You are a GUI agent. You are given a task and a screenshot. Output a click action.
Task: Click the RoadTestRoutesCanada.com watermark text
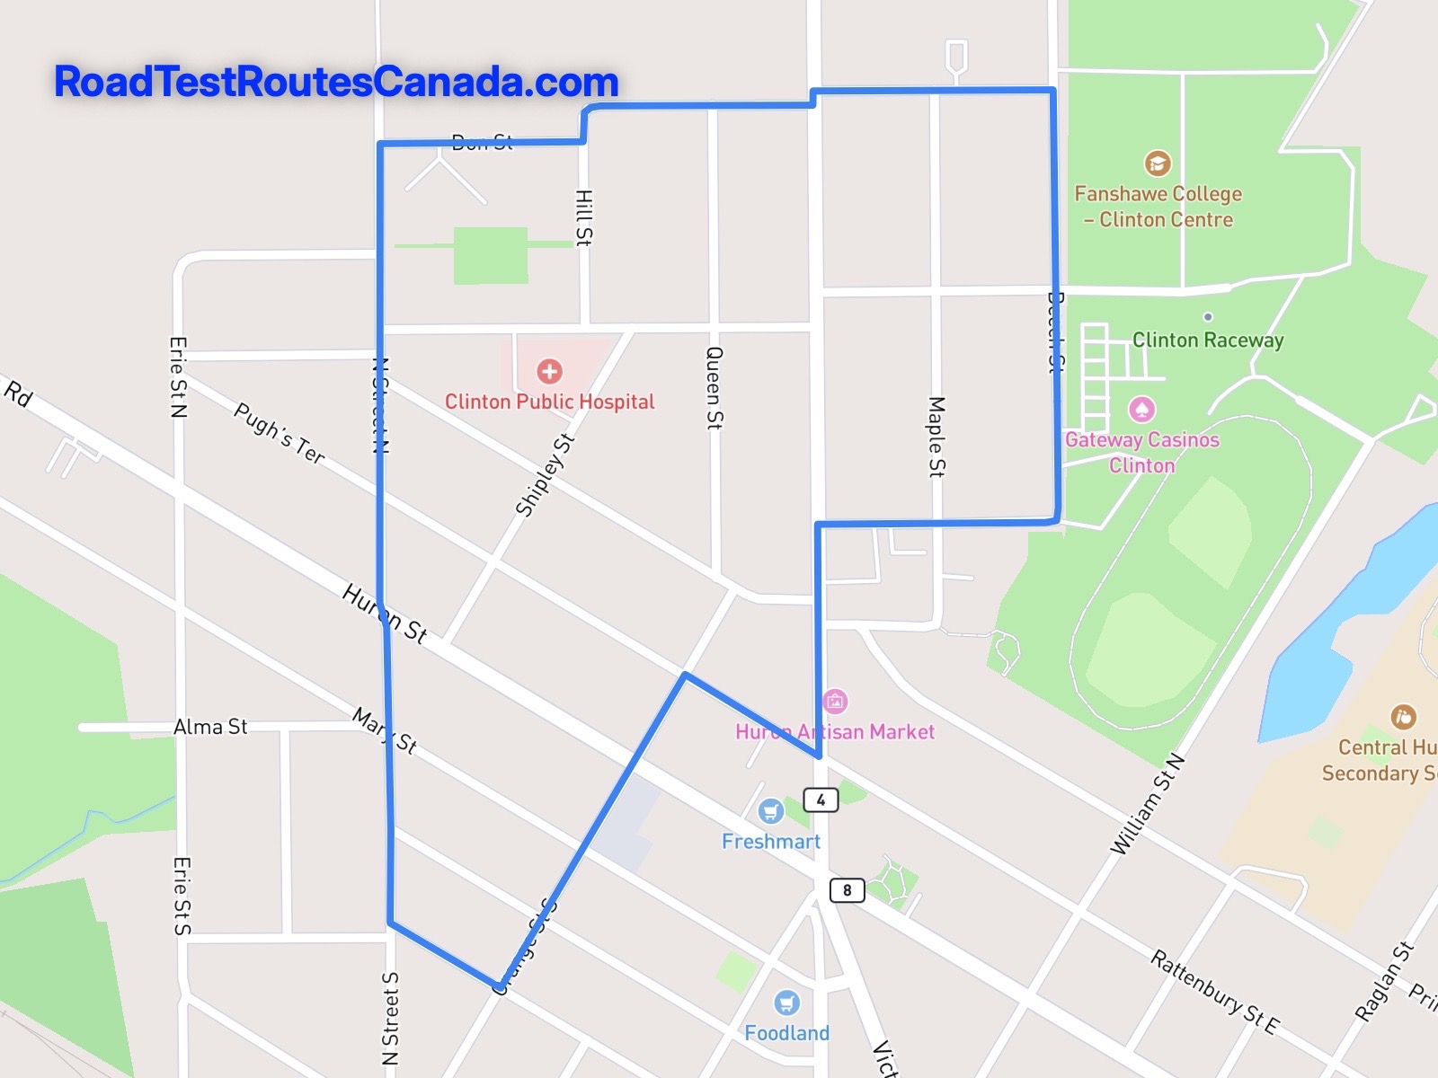336,82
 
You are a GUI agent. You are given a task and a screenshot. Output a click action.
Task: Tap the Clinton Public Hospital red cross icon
550,371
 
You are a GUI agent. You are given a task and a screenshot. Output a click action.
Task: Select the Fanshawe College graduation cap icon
1158,163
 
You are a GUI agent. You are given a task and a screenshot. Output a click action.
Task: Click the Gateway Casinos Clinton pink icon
1141,410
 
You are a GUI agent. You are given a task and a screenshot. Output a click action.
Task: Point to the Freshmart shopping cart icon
770,812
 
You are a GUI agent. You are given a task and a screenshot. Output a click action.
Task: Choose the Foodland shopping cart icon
786,1003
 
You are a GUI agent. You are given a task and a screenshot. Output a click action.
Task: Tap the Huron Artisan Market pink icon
835,701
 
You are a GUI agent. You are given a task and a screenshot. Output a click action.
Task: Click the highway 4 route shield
821,800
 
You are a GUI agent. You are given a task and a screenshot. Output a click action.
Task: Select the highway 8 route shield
847,890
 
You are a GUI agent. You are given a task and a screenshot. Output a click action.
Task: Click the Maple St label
936,437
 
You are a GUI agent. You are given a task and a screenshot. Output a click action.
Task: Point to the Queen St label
715,388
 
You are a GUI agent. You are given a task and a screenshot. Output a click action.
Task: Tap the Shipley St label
545,475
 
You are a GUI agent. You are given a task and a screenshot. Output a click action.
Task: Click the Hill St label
584,217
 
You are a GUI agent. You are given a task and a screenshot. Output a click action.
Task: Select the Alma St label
210,727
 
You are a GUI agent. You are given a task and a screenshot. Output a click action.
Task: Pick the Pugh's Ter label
280,433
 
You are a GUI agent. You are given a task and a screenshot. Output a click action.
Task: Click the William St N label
1148,805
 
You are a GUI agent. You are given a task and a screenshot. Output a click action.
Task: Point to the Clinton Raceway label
1207,340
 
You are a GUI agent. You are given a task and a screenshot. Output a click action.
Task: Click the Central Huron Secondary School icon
1403,717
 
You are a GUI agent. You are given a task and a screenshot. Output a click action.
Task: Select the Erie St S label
182,896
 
